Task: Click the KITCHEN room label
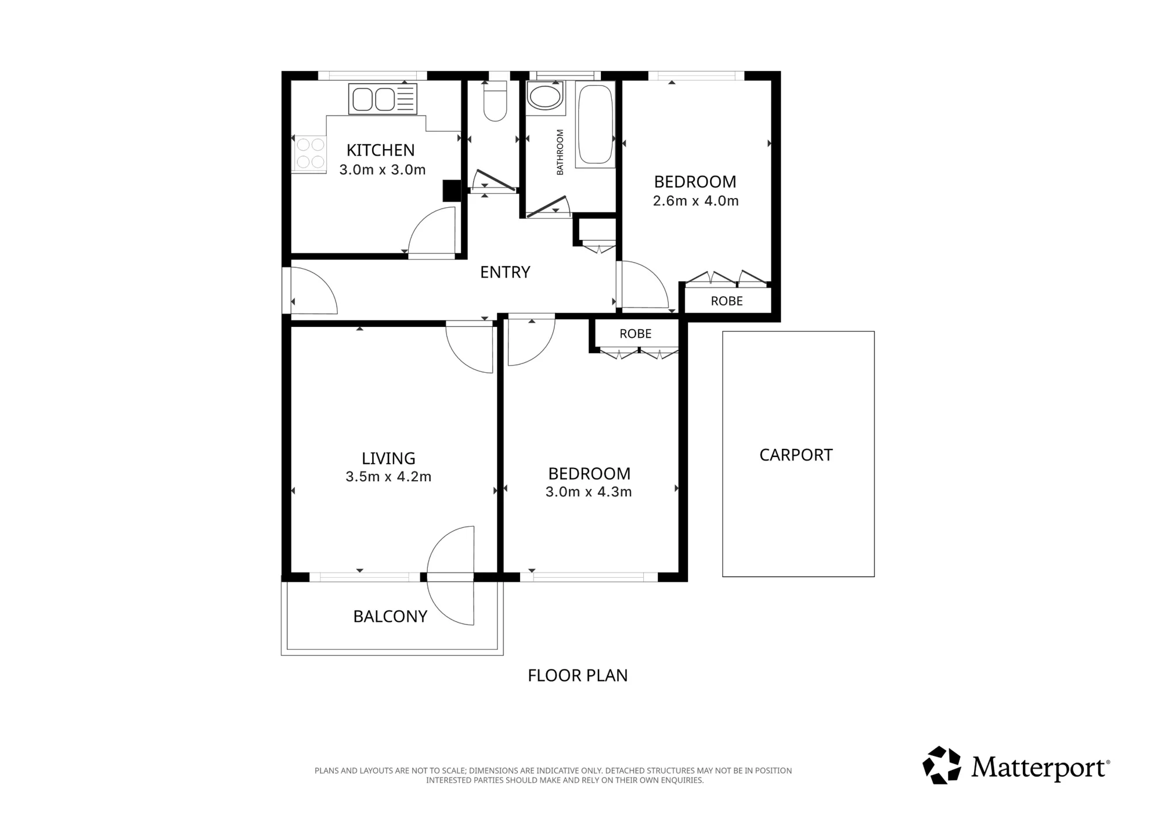point(381,150)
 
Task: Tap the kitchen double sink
point(383,99)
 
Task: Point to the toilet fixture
point(495,101)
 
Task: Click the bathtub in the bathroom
point(596,125)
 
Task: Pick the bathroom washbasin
point(546,96)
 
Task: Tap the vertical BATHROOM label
point(560,152)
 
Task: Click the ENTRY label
point(505,272)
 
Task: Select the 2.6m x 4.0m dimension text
point(695,201)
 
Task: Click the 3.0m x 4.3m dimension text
point(589,492)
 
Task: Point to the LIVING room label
point(388,459)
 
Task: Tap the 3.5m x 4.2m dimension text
point(388,477)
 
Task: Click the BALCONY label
point(390,617)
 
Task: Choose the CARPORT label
point(796,455)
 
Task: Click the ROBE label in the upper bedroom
point(727,301)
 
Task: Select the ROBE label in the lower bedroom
point(636,334)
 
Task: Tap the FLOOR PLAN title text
point(578,676)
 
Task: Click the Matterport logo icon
point(942,765)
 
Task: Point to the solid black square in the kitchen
point(452,191)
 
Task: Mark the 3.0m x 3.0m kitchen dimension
point(383,170)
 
